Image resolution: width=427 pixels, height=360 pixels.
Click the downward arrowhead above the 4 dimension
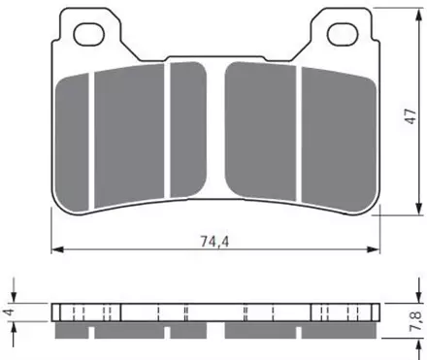[16, 297]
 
